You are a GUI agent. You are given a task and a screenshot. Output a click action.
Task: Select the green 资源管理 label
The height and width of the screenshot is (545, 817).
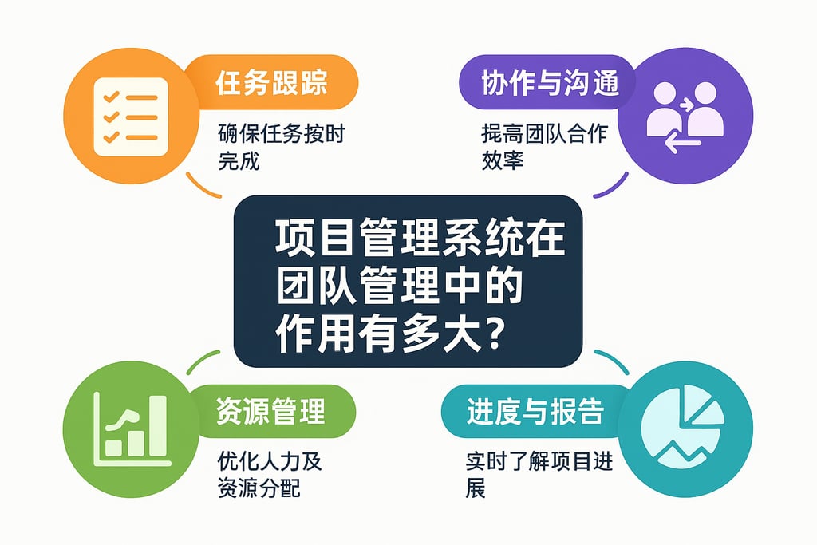pos(270,413)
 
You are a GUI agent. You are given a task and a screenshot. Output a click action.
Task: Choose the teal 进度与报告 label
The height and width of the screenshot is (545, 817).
pos(535,413)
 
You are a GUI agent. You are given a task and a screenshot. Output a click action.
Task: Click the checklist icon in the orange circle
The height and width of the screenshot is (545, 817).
pos(130,117)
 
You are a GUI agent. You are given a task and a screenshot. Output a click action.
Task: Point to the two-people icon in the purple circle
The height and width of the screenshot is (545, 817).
pos(685,112)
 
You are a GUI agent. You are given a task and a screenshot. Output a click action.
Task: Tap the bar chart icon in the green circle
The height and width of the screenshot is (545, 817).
pos(132,431)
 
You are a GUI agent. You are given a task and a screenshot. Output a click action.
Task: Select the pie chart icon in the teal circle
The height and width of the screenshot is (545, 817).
pos(685,431)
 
